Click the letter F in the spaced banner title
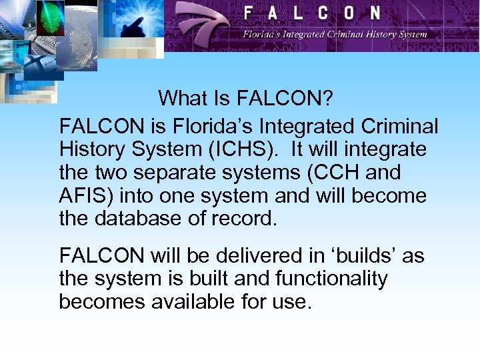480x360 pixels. pyautogui.click(x=249, y=13)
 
